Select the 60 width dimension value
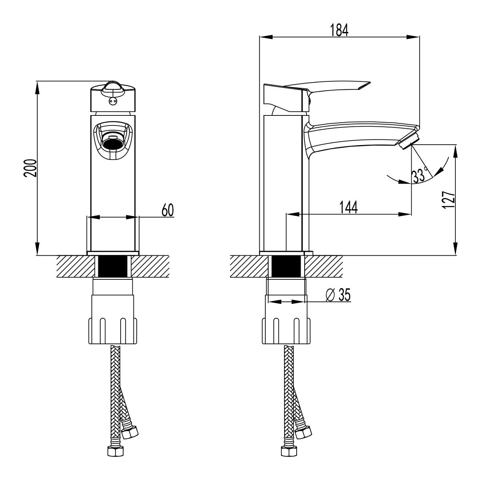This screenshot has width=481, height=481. tap(168, 210)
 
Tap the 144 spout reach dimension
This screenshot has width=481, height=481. tap(348, 208)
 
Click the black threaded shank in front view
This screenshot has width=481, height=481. tap(113, 266)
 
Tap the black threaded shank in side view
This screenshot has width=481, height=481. tap(286, 266)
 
